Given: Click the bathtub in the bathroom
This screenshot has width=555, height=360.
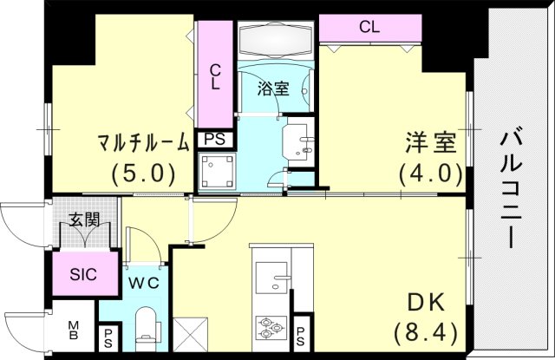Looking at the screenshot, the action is tap(276, 39).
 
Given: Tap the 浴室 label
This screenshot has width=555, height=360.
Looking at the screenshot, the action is tap(273, 88).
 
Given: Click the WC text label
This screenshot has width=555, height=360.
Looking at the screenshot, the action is tap(143, 283).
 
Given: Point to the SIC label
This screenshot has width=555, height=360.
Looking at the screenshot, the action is tap(83, 274).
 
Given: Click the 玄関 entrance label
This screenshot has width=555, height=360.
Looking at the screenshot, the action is tap(84, 219).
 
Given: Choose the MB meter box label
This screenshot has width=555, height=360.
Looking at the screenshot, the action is tap(73, 330).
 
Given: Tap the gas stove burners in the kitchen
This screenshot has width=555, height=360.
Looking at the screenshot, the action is tap(271, 328).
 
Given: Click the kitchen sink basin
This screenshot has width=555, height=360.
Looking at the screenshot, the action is tap(271, 278).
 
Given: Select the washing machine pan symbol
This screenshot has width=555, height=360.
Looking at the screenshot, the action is tap(217, 171).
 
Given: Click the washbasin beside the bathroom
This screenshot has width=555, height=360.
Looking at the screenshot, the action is tap(298, 141).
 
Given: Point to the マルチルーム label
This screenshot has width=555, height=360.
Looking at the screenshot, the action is tap(143, 142).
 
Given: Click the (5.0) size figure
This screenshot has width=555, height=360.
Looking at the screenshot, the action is tap(143, 173).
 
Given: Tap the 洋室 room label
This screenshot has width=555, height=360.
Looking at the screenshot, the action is tap(430, 142).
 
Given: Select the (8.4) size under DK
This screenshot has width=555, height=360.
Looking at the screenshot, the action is tap(426, 333).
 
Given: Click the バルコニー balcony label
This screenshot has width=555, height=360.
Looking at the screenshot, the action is tap(511, 189).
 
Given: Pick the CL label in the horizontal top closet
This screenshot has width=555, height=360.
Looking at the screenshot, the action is tap(369, 27).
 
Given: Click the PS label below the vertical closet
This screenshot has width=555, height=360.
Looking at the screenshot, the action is tap(214, 139).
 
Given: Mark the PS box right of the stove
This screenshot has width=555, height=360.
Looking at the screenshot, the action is tap(300, 336).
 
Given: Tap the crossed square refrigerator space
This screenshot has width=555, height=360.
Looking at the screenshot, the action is tap(191, 335).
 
